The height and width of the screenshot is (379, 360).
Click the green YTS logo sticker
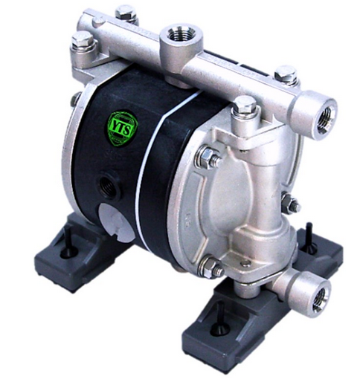[x=121, y=125]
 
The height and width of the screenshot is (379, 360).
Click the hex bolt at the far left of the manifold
[x=83, y=42]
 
